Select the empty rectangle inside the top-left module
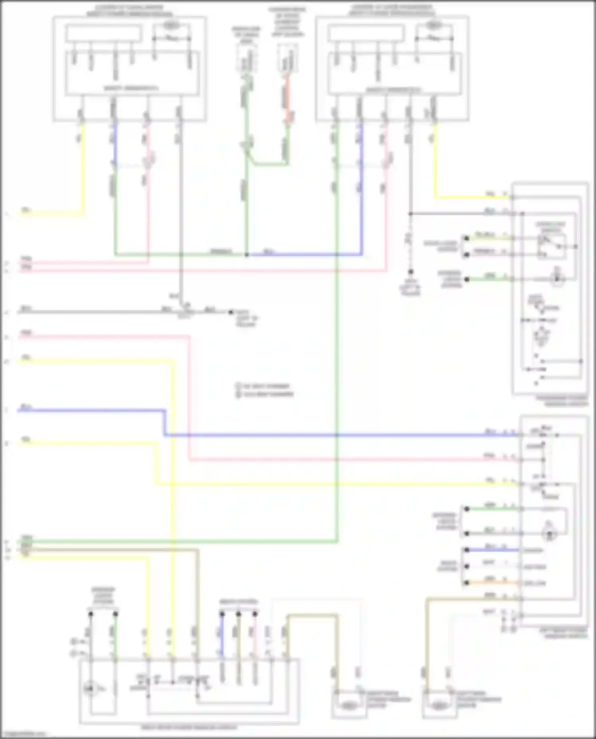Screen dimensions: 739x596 pos(104,33)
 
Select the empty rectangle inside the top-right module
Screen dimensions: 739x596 pos(366,33)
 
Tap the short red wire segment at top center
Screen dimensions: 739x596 pos(287,99)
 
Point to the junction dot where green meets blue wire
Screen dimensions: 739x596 pos(247,255)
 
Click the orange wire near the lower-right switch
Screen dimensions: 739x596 pos(493,583)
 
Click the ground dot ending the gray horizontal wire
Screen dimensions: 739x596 pos(230,312)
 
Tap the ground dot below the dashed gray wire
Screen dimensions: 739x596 pos(410,272)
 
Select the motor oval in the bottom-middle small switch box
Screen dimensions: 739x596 pos(348,706)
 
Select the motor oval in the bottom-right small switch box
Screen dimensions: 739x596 pos(439,706)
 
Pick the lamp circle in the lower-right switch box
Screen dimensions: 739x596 pos(550,534)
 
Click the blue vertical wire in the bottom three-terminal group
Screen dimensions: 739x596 pos(222,635)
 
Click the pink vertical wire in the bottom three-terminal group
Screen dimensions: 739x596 pos(255,635)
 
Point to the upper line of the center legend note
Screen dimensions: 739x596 pos(264,386)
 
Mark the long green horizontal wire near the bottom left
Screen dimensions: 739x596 pos(179,541)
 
